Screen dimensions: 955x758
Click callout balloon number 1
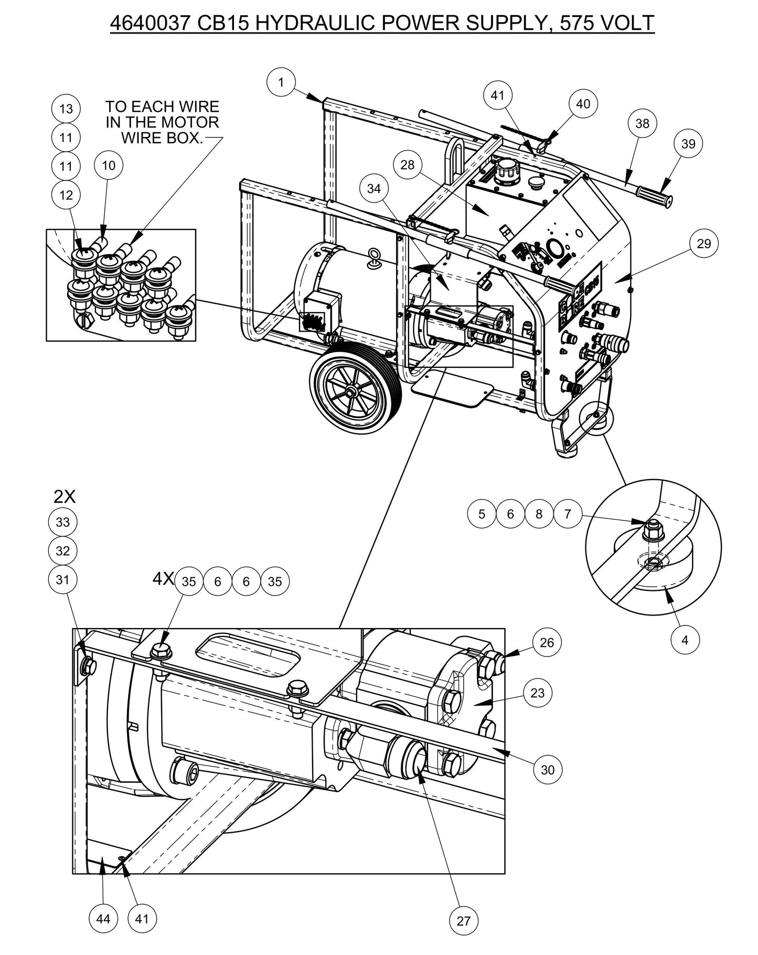coord(281,82)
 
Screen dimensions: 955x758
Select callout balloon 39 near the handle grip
coord(688,144)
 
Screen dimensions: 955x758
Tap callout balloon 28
coord(407,165)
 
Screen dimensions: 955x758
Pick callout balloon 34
coord(374,188)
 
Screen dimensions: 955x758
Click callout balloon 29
coord(703,243)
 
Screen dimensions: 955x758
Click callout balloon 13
coord(66,109)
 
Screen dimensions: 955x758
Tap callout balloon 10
coord(108,166)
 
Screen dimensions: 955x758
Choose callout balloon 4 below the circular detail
coord(685,640)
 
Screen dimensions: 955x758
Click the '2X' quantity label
coord(65,496)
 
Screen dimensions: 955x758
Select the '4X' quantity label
coord(163,579)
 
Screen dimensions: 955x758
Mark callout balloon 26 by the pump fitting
coord(547,643)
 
